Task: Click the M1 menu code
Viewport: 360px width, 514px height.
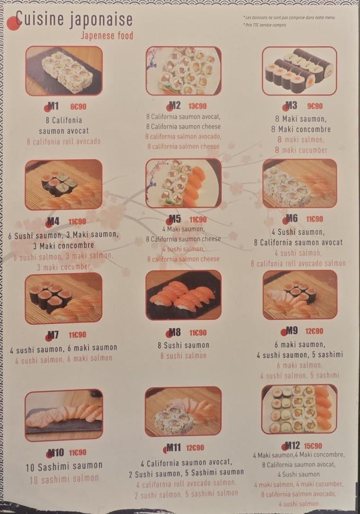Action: (x=53, y=106)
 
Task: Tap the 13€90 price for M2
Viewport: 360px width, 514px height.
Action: (x=197, y=106)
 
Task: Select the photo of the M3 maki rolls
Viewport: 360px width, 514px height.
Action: (x=299, y=71)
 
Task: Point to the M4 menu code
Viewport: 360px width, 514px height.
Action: (x=53, y=222)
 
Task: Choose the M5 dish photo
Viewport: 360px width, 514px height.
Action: (x=183, y=182)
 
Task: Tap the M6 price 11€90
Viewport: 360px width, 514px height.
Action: (x=314, y=218)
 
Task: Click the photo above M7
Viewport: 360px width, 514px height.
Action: (x=63, y=298)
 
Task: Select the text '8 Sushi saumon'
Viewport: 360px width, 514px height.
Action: (x=183, y=345)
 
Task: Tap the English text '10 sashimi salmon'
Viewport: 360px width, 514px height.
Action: (x=64, y=478)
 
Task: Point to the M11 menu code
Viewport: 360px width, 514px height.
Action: (x=173, y=447)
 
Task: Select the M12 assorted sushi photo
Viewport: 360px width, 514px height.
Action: (x=299, y=409)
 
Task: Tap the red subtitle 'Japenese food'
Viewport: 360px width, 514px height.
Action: (x=107, y=36)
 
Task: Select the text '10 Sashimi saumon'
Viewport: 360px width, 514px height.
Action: (x=64, y=466)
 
